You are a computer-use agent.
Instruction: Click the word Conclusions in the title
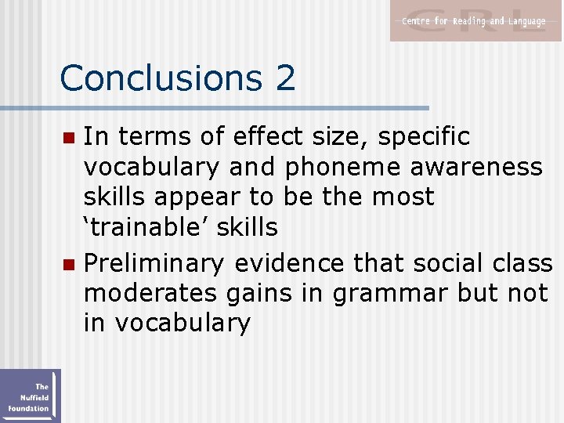[157, 78]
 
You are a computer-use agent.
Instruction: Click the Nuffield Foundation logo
[30, 396]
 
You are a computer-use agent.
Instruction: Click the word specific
[424, 137]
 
